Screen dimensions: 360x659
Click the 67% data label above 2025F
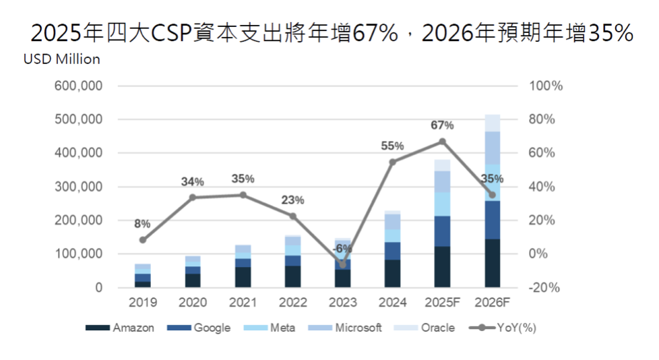(442, 125)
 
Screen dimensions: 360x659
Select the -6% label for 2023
(342, 248)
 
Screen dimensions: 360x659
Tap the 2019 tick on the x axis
(142, 303)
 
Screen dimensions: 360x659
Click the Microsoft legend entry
(358, 328)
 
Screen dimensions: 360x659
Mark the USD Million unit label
(62, 59)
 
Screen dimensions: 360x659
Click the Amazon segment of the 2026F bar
(492, 263)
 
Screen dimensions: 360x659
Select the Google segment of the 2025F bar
(442, 231)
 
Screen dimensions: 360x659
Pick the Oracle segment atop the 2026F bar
(492, 123)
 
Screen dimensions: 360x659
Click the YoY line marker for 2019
(142, 240)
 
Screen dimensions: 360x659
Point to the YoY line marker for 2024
(392, 162)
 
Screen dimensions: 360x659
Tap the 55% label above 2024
(392, 146)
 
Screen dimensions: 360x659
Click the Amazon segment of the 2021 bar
(243, 277)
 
